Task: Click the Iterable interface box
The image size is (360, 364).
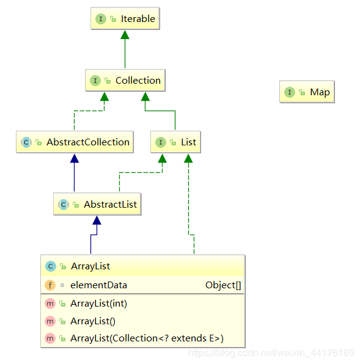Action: pyautogui.click(x=125, y=18)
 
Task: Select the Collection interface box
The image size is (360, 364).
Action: pyautogui.click(x=125, y=81)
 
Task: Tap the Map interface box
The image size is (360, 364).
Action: pyautogui.click(x=307, y=92)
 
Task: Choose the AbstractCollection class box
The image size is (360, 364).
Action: pyautogui.click(x=75, y=142)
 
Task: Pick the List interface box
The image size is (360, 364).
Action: pyautogui.click(x=175, y=142)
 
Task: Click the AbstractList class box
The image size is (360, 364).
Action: pyautogui.click(x=97, y=204)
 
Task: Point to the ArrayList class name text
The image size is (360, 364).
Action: pyautogui.click(x=90, y=266)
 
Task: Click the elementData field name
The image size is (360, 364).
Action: pyautogui.click(x=99, y=285)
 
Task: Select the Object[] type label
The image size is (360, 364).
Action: pyautogui.click(x=223, y=285)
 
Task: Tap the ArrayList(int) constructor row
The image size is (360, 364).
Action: pyautogui.click(x=99, y=304)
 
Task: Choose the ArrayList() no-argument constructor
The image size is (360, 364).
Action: pyautogui.click(x=93, y=321)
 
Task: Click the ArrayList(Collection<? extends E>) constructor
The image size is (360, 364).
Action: pyautogui.click(x=147, y=338)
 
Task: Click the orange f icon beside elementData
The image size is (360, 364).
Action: pyautogui.click(x=50, y=285)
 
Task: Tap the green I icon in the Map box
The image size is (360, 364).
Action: pyautogui.click(x=290, y=92)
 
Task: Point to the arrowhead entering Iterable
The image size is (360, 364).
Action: pyautogui.click(x=125, y=35)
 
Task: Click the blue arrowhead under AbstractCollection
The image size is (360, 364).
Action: pyautogui.click(x=75, y=158)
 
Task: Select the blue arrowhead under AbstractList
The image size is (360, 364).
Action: pyautogui.click(x=97, y=220)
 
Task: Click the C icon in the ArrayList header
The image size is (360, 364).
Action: pyautogui.click(x=51, y=266)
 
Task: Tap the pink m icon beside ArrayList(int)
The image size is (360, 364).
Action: pyautogui.click(x=50, y=304)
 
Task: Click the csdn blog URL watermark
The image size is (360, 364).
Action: pyautogui.click(x=271, y=353)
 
